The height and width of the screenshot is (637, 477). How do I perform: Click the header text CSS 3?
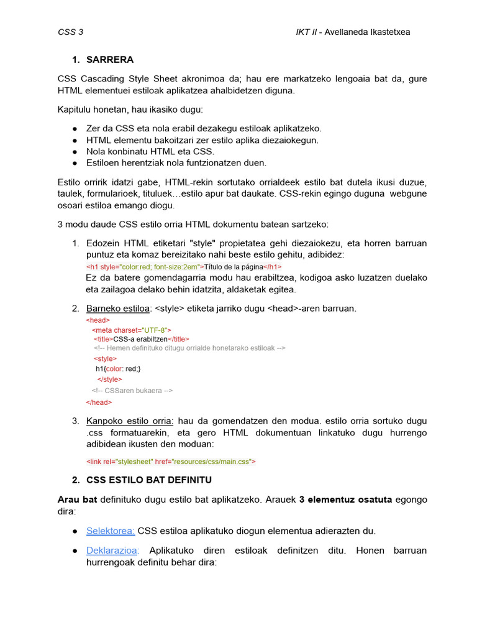(x=70, y=32)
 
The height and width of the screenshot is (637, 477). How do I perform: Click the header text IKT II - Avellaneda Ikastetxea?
(x=352, y=32)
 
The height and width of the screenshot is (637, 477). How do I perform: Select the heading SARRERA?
(x=110, y=60)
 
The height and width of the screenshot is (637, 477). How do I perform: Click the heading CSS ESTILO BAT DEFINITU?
(x=149, y=480)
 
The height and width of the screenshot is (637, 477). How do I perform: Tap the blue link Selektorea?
(x=111, y=531)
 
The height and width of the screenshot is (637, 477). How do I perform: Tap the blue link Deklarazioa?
(x=112, y=551)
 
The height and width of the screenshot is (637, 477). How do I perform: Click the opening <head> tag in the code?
(x=98, y=320)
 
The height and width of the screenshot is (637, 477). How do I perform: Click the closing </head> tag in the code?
(x=99, y=402)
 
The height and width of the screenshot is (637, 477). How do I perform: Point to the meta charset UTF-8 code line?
(x=131, y=330)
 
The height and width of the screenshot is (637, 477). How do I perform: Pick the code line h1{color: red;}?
(x=118, y=368)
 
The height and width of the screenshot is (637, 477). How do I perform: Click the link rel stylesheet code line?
(x=171, y=462)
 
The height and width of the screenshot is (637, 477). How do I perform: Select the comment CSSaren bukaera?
(x=132, y=391)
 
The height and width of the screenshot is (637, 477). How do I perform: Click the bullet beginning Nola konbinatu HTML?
(x=150, y=151)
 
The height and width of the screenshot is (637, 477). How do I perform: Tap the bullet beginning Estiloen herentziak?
(x=176, y=163)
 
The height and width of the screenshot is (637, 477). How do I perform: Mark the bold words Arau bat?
(x=77, y=500)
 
